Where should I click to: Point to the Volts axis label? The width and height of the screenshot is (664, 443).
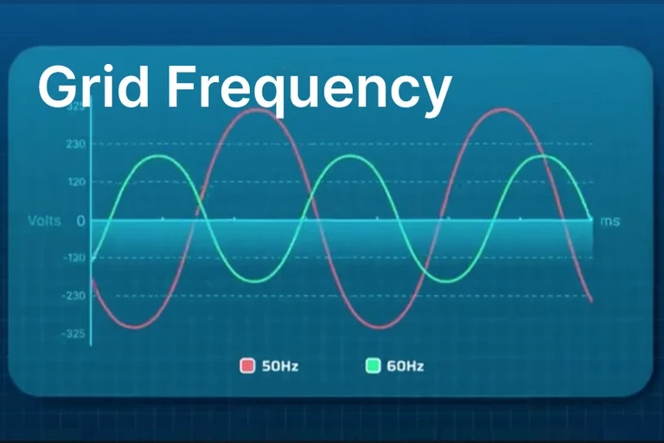coord(44,221)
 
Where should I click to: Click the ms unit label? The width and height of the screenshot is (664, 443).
coord(610,221)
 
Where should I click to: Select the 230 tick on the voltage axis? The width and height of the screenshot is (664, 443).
coord(75,144)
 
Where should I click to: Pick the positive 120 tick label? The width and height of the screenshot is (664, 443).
coord(75,183)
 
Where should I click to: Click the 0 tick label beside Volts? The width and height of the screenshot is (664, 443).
coord(80,221)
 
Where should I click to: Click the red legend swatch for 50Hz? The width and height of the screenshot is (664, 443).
coord(247,366)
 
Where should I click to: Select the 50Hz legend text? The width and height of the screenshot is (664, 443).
coord(280,366)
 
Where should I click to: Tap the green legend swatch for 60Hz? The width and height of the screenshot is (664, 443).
coord(373,366)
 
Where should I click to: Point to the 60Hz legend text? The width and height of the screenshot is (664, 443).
coord(405,366)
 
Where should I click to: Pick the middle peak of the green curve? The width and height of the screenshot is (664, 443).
coord(351,156)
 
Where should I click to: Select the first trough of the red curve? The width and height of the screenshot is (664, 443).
coord(132,327)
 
